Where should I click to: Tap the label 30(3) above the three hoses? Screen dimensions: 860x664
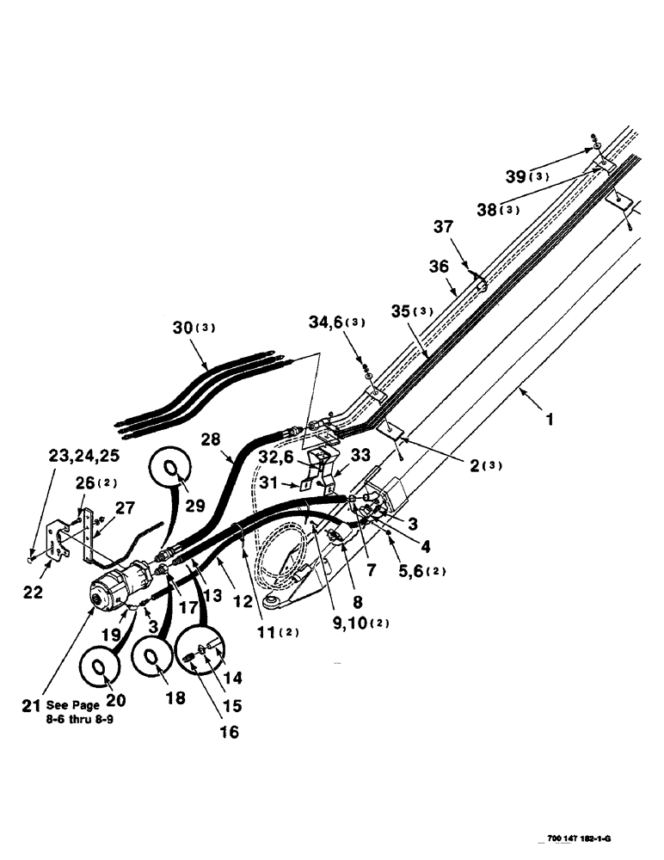point(194,328)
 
